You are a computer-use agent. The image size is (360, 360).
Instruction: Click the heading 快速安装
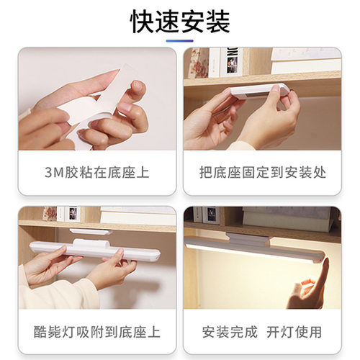tap(180, 22)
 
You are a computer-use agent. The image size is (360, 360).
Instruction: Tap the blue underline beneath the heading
tap(180, 41)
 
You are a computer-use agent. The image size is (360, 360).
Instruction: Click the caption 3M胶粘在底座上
tap(97, 173)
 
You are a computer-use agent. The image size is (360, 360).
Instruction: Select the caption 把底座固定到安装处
tap(263, 173)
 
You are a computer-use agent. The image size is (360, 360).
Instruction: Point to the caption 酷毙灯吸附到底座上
tap(97, 332)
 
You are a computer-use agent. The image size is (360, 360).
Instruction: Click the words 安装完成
tap(230, 332)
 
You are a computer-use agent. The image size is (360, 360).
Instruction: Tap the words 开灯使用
tap(294, 332)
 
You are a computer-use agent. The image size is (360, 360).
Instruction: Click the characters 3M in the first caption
tap(54, 173)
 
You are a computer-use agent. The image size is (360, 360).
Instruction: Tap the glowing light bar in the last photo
tap(254, 247)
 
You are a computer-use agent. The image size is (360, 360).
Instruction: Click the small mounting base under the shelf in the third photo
tap(91, 232)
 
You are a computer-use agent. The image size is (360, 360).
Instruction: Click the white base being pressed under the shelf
tap(259, 91)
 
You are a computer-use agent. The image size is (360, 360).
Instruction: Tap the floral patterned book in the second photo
tap(199, 63)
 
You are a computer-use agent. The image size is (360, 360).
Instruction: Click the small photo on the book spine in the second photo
tap(232, 65)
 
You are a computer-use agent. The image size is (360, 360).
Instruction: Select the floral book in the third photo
tap(50, 214)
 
